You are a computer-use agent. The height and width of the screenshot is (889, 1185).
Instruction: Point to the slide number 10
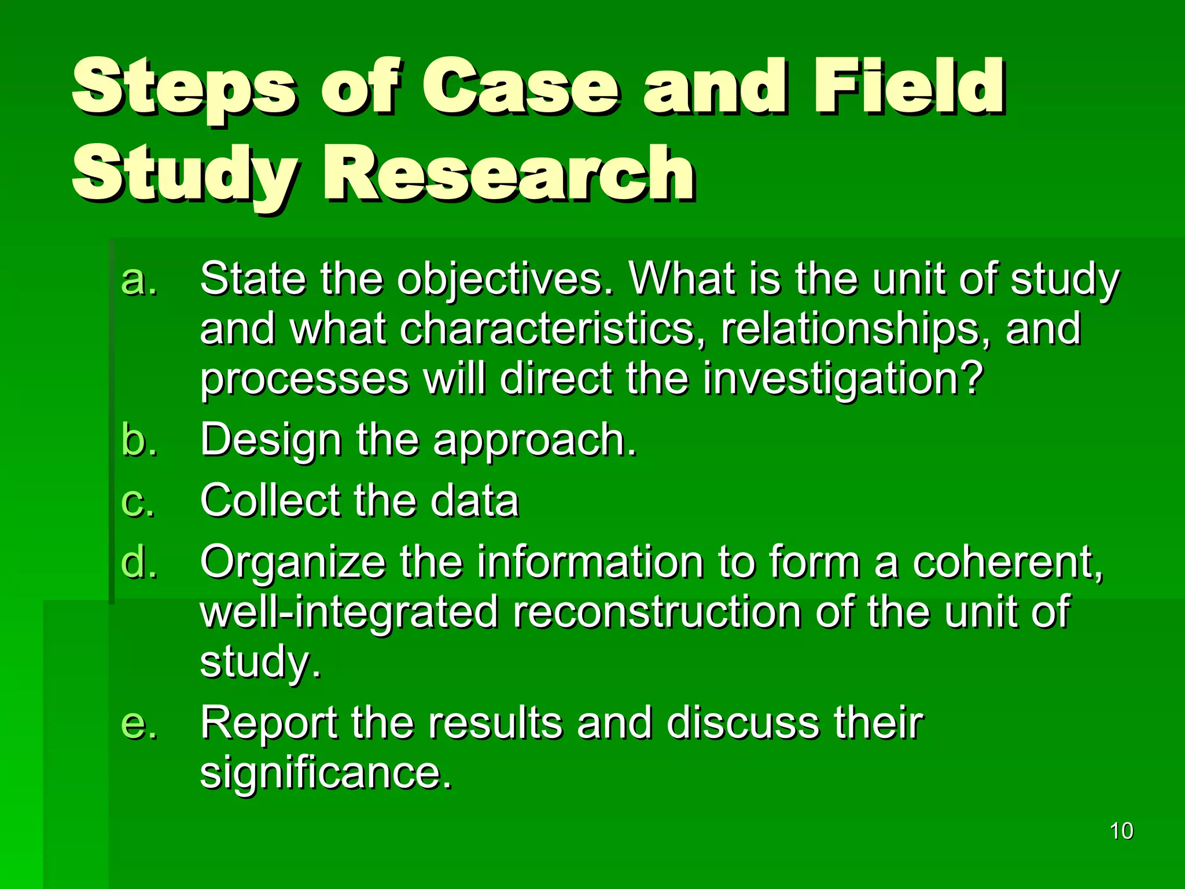pos(1121,831)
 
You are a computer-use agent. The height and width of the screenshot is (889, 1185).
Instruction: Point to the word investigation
pos(842,379)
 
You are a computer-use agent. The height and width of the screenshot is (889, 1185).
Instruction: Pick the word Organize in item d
pos(292,563)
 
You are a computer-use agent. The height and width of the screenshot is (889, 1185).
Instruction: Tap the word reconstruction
pos(656,612)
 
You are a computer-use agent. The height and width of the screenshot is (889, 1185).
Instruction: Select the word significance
pos(325,773)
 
